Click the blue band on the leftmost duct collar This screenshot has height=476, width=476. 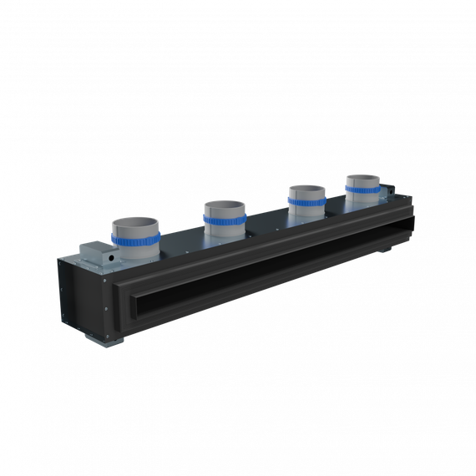coord(134,241)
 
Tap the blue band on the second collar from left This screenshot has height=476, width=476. coord(224,220)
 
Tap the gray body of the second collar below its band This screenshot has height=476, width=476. coord(224,230)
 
